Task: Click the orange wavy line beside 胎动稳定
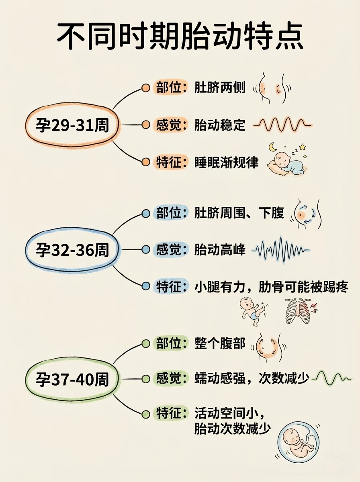click(x=283, y=125)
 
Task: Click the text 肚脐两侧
click(x=219, y=88)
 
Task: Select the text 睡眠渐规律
click(x=226, y=162)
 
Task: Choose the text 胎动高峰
click(x=219, y=250)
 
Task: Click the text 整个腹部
click(x=219, y=344)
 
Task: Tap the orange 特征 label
click(x=169, y=162)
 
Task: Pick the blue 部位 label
click(x=169, y=212)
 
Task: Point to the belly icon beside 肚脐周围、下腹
click(x=307, y=214)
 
